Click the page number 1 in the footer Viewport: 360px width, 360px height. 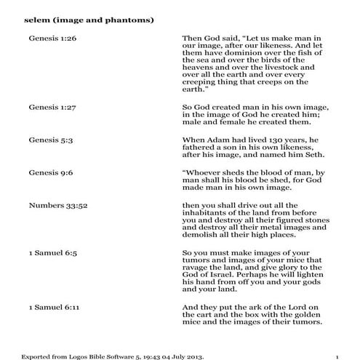(338, 356)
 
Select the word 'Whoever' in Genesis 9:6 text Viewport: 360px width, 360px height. (204, 172)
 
